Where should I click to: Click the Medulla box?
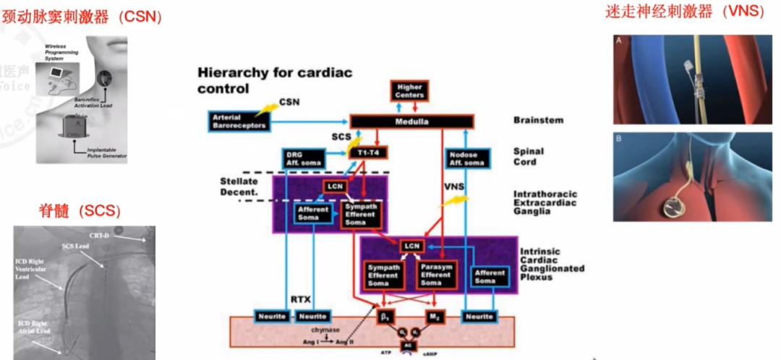click(411, 121)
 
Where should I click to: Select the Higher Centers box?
click(409, 91)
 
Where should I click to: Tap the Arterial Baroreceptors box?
click(239, 121)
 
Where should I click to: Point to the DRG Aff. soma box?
click(301, 158)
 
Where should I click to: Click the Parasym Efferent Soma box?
click(436, 274)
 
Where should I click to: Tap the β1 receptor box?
click(388, 316)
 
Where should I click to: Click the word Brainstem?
click(537, 120)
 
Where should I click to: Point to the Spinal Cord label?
click(529, 157)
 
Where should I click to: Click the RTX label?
click(301, 298)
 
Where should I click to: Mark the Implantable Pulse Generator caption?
click(101, 153)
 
